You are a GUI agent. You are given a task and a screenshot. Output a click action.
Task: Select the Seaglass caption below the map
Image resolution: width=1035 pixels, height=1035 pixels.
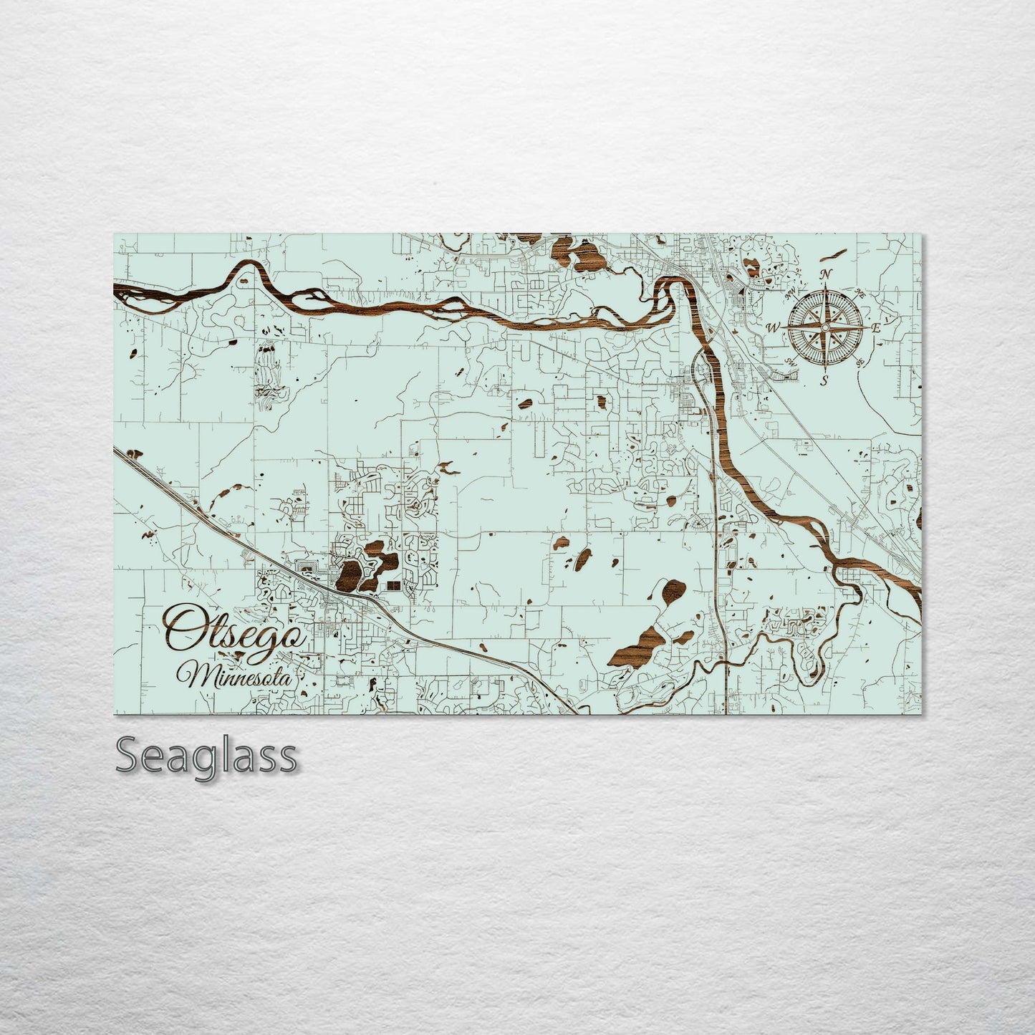[206, 756]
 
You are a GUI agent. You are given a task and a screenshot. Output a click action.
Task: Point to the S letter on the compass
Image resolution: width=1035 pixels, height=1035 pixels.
[824, 380]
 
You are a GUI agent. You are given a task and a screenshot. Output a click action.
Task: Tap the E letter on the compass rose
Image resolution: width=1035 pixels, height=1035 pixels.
[875, 327]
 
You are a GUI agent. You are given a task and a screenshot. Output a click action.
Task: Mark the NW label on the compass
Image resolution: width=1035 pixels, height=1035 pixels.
[791, 294]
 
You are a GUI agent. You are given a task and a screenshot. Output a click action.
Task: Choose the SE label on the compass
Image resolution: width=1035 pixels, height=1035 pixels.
[860, 362]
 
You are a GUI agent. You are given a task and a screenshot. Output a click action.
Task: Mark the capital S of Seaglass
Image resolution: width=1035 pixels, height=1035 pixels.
[129, 756]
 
